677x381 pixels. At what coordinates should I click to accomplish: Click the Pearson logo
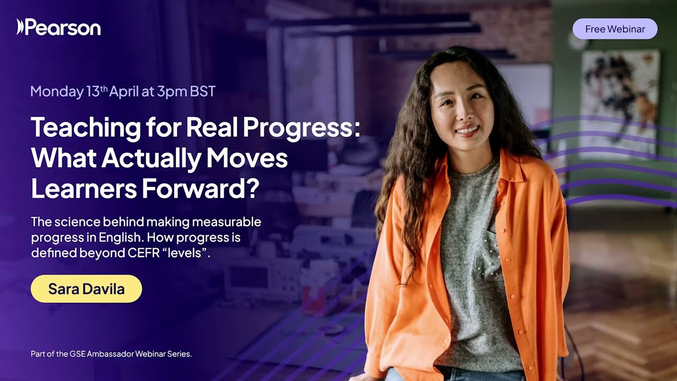[x=58, y=27]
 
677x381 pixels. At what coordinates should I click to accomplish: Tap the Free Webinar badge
[x=615, y=29]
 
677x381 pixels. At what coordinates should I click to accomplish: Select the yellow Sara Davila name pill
[x=86, y=289]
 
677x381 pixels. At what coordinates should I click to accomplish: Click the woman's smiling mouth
[x=467, y=130]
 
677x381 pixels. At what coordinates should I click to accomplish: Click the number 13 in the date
[x=93, y=92]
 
